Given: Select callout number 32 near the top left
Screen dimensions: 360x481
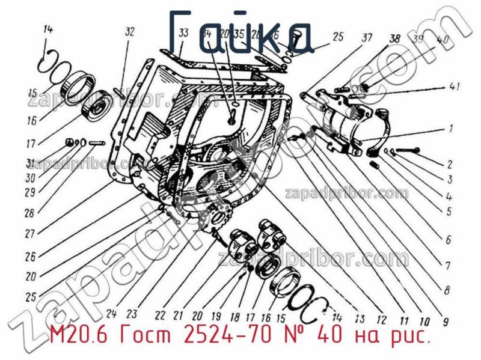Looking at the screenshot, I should (x=130, y=32).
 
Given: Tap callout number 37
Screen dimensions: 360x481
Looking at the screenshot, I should (x=367, y=38).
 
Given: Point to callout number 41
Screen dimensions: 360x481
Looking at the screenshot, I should (x=454, y=88).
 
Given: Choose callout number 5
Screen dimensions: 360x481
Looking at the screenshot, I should (x=449, y=211).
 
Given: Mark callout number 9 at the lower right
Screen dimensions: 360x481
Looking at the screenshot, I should (x=446, y=322).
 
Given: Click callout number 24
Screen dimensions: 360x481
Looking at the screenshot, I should (x=111, y=313).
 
